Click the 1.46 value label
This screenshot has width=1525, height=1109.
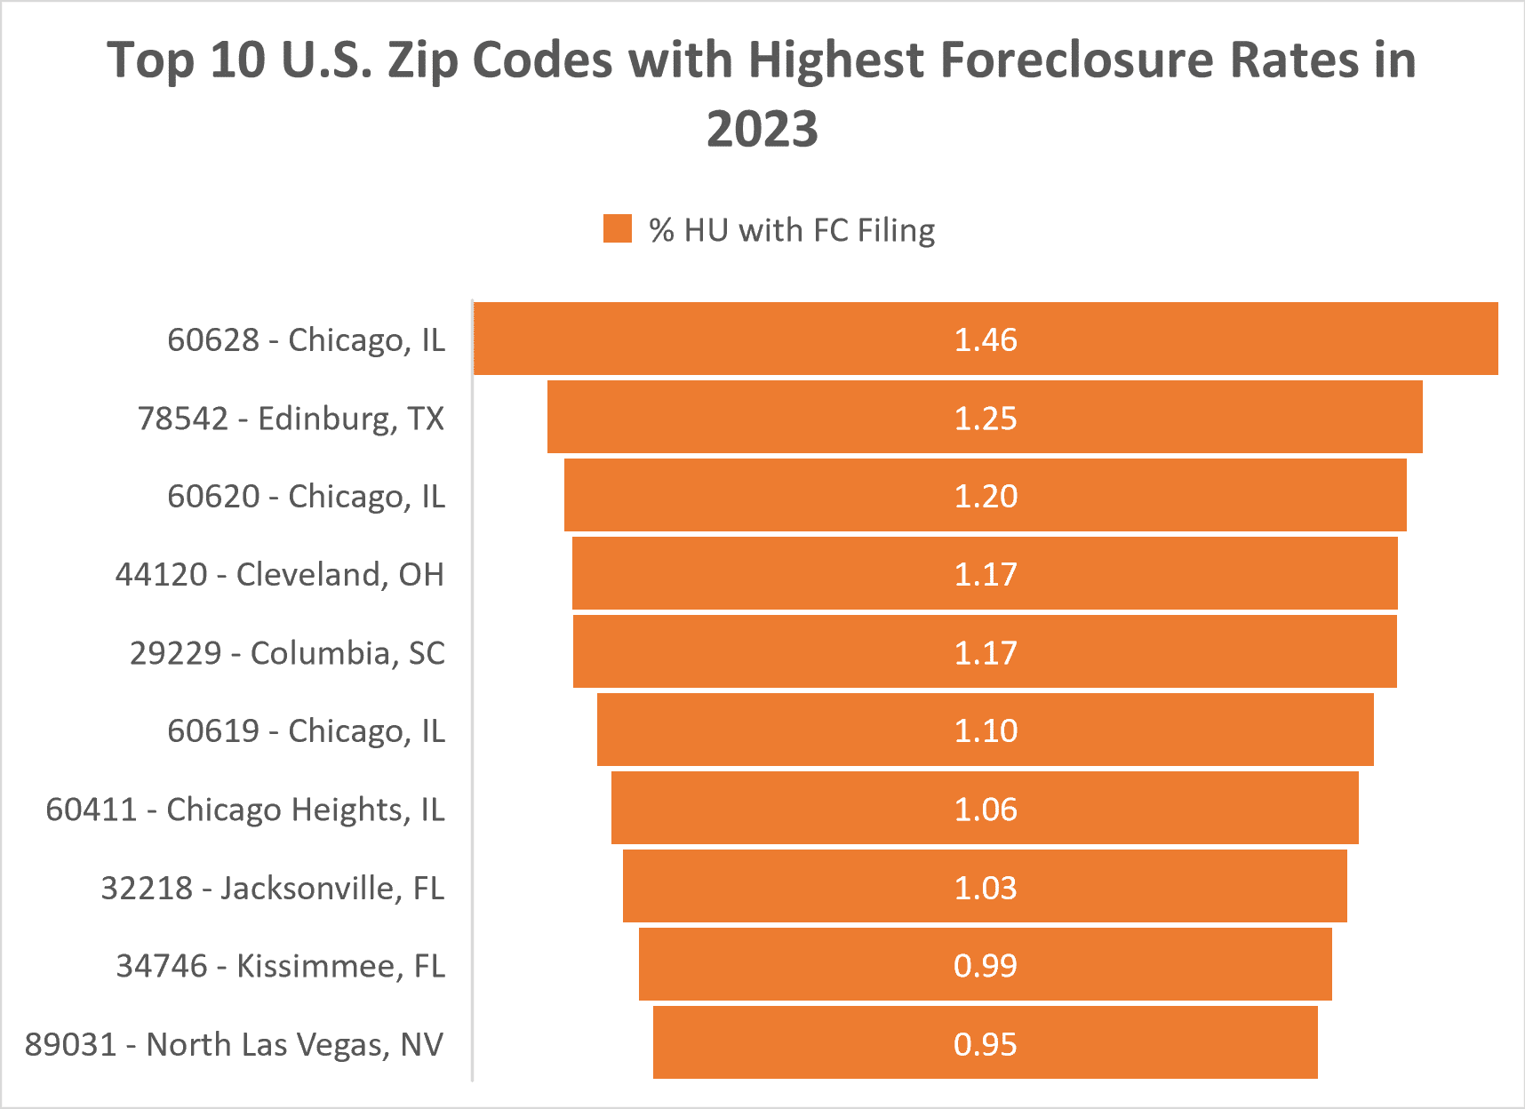(x=985, y=339)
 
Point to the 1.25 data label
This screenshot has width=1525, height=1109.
(x=985, y=418)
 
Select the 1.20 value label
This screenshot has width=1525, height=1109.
(x=985, y=496)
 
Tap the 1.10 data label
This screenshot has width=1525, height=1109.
(x=985, y=730)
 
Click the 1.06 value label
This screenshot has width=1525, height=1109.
(x=985, y=809)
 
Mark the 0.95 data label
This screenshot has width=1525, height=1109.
(x=985, y=1043)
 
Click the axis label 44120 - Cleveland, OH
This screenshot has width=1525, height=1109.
(x=279, y=574)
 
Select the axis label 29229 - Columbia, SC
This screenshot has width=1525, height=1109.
(x=287, y=652)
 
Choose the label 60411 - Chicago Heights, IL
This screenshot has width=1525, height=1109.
(x=245, y=810)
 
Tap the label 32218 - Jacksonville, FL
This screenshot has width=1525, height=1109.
(x=272, y=887)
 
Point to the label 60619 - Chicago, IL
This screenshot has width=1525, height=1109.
(x=306, y=730)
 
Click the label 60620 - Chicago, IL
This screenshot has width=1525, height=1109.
(x=306, y=496)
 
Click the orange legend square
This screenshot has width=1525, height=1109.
(x=618, y=228)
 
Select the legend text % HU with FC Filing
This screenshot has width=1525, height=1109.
(x=791, y=230)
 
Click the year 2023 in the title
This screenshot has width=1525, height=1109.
(x=762, y=129)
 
